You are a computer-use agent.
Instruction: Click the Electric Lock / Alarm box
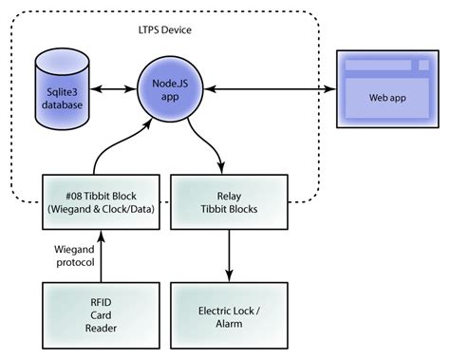tap(227, 313)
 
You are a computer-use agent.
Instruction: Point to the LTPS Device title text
tap(164, 30)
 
